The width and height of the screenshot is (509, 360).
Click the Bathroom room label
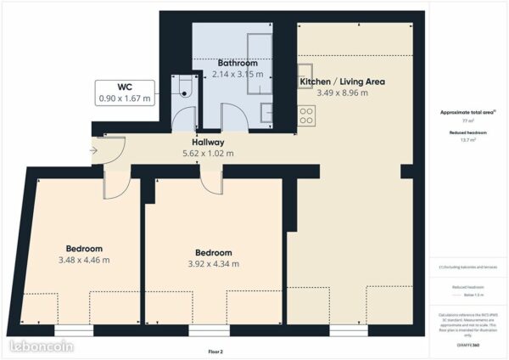[x=237, y=63]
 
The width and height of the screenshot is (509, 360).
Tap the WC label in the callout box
[x=125, y=87]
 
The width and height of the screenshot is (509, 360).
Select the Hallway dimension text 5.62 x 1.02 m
[x=207, y=154]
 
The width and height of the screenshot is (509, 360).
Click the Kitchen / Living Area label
[x=342, y=82]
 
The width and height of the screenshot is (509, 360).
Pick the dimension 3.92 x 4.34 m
[x=213, y=264]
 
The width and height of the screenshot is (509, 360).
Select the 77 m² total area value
[x=468, y=121]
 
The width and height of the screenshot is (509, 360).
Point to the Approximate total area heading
[x=468, y=112]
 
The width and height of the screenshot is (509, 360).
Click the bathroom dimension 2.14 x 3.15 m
[x=237, y=74]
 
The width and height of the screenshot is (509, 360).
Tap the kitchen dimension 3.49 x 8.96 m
[x=342, y=93]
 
